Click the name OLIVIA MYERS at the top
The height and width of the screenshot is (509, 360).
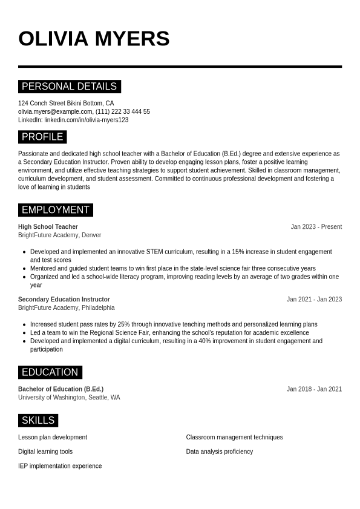94,39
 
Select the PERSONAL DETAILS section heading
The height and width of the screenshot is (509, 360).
70,87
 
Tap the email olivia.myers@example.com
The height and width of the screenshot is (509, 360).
55,112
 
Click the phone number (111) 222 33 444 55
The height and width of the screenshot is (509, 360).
123,112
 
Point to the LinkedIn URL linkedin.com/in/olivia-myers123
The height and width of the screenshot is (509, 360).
86,120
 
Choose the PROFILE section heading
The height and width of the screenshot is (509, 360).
42,137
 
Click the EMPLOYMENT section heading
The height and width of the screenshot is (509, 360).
56,210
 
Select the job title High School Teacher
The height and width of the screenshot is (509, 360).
48,227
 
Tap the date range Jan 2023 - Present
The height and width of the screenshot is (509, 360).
316,227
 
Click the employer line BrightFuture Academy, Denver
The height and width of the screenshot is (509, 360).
59,235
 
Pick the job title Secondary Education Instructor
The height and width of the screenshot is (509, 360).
64,300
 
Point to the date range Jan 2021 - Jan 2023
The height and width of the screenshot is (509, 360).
314,300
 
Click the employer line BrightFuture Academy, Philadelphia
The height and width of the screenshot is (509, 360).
66,308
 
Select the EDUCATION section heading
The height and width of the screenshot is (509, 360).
50,372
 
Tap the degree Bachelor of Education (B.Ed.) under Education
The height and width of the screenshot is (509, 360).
61,389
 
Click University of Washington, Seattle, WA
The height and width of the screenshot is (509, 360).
69,398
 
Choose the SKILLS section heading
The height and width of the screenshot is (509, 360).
38,421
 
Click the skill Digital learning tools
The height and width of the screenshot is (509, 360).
45,452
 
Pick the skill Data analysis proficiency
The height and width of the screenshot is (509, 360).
220,452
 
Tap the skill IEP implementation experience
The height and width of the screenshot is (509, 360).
60,466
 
